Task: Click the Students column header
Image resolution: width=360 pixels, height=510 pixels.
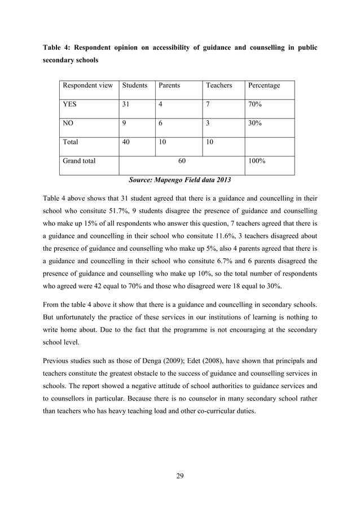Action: click(x=134, y=85)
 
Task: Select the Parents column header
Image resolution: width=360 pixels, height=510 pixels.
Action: click(x=169, y=85)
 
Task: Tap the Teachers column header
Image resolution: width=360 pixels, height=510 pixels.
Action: click(x=219, y=85)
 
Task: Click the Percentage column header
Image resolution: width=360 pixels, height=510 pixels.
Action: click(x=264, y=85)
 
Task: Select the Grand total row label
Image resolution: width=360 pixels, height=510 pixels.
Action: click(x=79, y=161)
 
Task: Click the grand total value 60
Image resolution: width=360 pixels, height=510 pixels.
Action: click(x=182, y=161)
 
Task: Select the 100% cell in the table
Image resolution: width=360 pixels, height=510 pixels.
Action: click(x=257, y=161)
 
